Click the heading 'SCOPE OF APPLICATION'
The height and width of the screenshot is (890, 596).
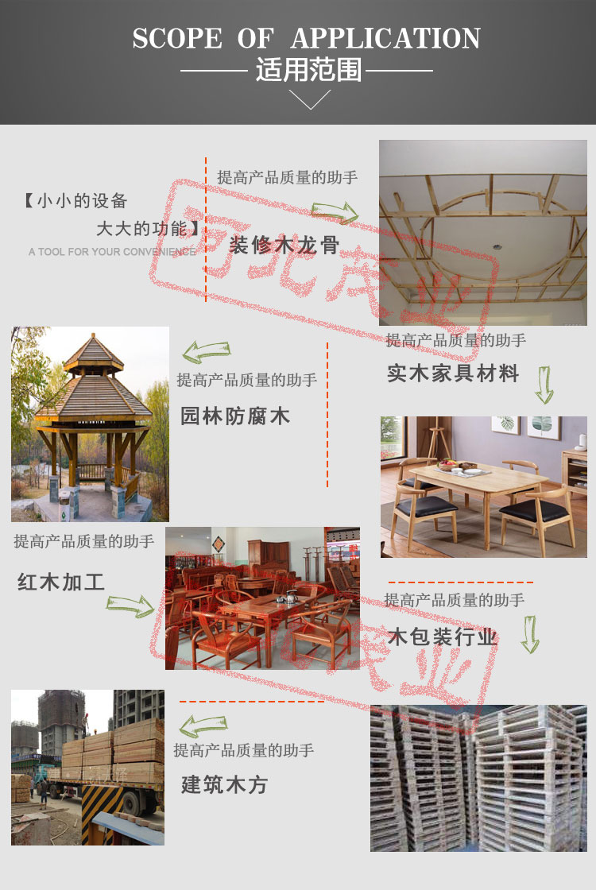307,39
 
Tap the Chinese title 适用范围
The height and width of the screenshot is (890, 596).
308,71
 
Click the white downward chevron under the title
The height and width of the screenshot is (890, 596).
309,99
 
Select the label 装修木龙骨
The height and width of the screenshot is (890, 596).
284,246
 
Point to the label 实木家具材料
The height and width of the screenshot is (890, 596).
453,373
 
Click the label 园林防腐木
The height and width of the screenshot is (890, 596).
235,416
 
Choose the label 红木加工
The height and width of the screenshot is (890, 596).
61,582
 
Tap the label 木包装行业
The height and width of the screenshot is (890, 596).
443,637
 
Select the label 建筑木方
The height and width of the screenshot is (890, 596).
224,785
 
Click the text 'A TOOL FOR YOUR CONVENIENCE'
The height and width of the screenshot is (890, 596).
112,251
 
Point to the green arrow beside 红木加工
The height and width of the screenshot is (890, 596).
130,606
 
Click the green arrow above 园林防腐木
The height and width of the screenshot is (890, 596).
207,352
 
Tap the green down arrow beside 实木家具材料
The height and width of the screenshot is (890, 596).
544,385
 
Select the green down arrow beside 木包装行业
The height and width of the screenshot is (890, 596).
530,634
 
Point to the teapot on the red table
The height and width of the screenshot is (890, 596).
290,597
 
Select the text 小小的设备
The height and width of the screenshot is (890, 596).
82,201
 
